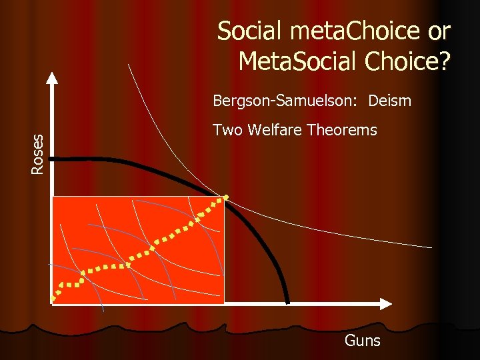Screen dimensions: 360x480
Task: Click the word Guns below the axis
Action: tap(362, 341)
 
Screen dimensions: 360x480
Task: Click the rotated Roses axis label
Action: tap(39, 154)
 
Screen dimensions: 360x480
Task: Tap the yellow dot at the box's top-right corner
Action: tap(225, 197)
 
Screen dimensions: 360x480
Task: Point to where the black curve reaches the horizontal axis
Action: tap(288, 303)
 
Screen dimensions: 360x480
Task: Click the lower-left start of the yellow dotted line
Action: tap(54, 300)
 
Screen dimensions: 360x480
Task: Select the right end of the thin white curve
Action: tap(431, 247)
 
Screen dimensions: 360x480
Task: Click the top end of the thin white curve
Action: tap(128, 64)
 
